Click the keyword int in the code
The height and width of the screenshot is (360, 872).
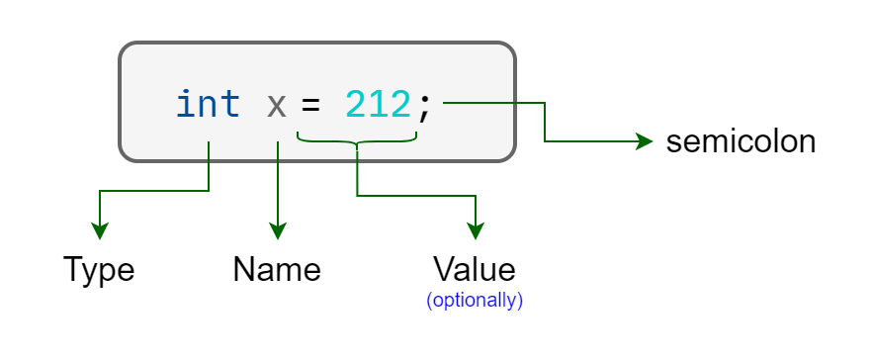[x=208, y=104]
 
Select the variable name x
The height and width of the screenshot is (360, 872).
[x=277, y=105]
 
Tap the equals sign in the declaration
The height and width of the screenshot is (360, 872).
[x=312, y=105]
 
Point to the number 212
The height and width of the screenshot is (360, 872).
[x=378, y=104]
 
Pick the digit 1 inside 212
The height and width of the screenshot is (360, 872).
[x=378, y=104]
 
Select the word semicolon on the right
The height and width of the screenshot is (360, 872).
[x=741, y=141]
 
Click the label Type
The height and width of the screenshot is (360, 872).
[x=99, y=269]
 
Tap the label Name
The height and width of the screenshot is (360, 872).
[x=277, y=269]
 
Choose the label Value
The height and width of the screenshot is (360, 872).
[x=475, y=269]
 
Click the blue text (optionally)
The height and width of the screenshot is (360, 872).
[x=475, y=300]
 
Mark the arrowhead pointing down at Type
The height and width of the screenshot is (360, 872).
[x=99, y=231]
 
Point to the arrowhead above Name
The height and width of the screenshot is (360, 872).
[x=278, y=231]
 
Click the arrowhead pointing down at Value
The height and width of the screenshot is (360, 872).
[x=476, y=231]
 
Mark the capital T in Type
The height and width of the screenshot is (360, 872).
[x=73, y=269]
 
